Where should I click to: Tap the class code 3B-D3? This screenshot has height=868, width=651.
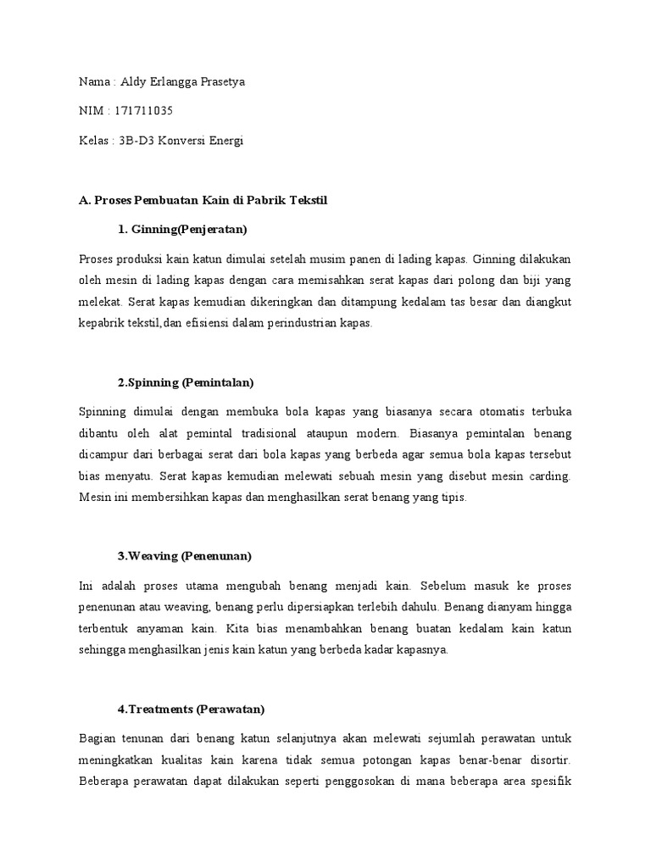coord(138,141)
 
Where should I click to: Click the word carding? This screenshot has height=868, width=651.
coord(551,476)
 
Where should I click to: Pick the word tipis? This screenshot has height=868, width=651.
coord(452,498)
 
